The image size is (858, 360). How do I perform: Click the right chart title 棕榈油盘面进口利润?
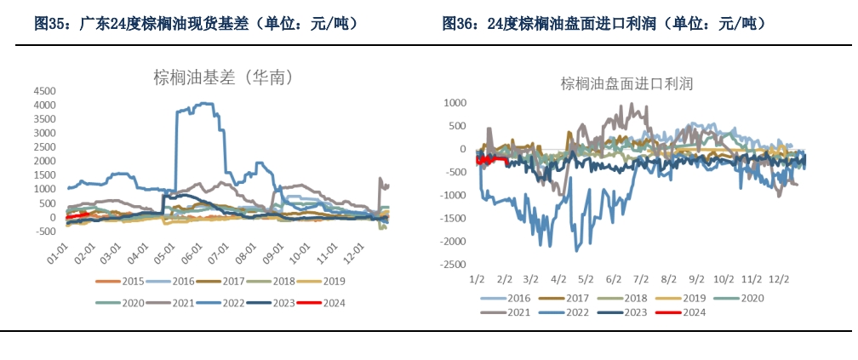(627, 83)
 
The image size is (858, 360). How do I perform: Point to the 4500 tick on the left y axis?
(43, 91)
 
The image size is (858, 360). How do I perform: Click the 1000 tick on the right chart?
(457, 103)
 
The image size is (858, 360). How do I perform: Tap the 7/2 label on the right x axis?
(640, 278)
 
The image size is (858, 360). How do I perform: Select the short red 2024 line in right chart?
(492, 159)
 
